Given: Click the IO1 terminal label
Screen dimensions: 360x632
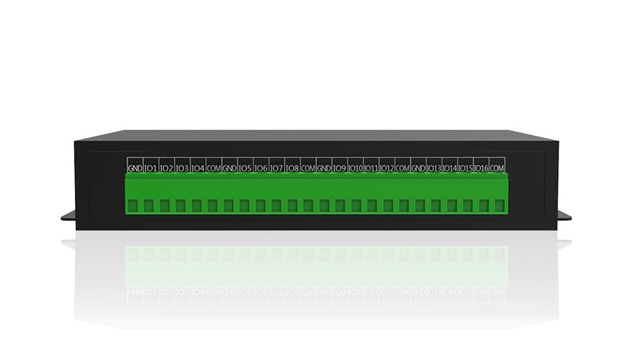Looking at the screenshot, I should (x=150, y=168).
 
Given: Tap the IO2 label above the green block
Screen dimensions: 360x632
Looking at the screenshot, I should (x=166, y=168).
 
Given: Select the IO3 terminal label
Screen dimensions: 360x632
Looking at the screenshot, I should (x=182, y=168).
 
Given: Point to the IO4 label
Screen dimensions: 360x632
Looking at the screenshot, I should (x=197, y=168).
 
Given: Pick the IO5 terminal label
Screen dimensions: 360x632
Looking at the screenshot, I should (x=245, y=168).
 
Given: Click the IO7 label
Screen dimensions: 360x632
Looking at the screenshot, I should (x=276, y=168).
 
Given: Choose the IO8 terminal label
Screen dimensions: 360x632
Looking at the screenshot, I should (x=292, y=168).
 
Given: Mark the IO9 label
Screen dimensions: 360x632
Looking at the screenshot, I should (x=340, y=168).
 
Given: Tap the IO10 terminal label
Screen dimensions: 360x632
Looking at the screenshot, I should (x=355, y=168).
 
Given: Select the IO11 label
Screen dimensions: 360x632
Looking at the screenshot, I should (x=371, y=168).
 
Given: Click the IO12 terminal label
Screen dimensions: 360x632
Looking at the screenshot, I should (x=386, y=168).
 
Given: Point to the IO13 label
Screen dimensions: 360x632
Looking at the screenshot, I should (x=434, y=168).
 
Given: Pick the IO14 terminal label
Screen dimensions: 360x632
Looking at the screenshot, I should (x=450, y=168).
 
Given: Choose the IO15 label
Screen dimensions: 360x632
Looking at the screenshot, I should (x=465, y=168).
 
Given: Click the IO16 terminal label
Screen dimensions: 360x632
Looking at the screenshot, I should (x=481, y=168).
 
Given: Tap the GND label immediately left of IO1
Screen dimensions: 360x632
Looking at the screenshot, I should (x=134, y=168).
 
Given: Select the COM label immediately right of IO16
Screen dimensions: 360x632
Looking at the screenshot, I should (x=497, y=168).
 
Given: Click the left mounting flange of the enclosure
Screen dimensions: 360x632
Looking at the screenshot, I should (x=66, y=216).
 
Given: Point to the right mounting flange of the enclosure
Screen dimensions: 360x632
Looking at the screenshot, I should (x=565, y=216).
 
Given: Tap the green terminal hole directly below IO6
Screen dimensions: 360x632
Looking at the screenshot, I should (x=261, y=206).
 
